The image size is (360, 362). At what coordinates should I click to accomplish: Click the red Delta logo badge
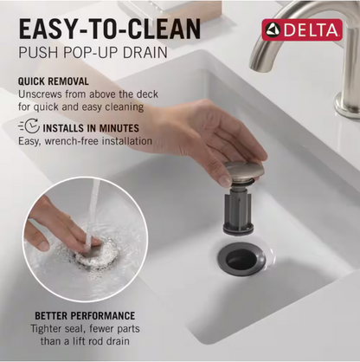302,29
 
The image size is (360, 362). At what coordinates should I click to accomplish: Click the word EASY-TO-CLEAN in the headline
110,29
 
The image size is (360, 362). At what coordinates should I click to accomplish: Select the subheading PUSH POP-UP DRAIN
93,52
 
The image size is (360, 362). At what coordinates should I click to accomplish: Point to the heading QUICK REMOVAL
54,81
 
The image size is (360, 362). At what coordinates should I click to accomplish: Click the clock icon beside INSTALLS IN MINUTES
29,126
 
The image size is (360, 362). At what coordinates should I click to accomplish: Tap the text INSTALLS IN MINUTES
91,128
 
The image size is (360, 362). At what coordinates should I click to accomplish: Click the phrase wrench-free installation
99,141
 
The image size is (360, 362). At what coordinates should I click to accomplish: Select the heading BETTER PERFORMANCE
85,316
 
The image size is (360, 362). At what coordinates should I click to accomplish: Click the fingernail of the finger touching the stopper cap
225,181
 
